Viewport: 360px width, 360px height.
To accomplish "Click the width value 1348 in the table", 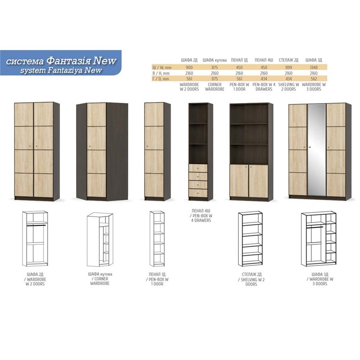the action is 314,67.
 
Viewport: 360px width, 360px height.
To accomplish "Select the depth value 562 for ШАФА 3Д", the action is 314,79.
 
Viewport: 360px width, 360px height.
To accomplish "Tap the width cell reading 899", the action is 288,67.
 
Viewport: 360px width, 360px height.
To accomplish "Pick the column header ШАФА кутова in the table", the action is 215,60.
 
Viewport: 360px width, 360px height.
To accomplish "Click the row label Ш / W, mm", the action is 162,67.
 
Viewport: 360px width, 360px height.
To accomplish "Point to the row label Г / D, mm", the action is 161,79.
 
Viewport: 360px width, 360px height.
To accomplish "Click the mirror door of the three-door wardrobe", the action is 317,150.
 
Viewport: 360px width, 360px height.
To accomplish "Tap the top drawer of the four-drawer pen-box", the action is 198,168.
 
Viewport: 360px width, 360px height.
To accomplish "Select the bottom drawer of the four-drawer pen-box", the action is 198,193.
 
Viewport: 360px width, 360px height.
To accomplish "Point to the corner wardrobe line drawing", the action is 100,239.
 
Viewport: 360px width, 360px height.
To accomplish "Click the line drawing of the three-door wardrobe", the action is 319,239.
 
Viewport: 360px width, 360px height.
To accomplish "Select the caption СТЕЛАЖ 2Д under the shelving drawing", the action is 252,274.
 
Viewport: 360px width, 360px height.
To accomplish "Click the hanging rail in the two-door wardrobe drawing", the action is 36,225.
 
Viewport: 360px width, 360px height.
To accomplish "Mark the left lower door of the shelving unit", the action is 239,181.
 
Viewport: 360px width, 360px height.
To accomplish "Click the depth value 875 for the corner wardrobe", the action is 215,79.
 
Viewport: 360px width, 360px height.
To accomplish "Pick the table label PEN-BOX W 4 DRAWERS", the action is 264,87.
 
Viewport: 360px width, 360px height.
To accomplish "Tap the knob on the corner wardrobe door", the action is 90,146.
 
